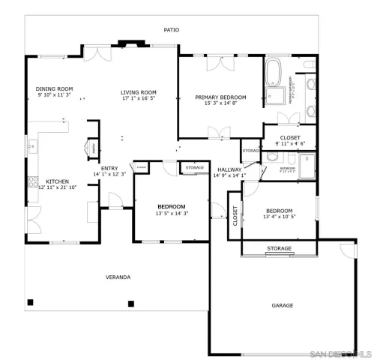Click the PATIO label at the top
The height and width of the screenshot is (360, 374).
(172, 30)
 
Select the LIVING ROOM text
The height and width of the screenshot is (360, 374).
(139, 92)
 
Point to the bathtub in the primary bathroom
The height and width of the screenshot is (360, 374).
(274, 78)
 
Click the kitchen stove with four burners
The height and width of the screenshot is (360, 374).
(31, 180)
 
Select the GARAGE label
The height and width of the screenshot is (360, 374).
(282, 305)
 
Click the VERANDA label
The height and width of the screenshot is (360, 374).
(118, 277)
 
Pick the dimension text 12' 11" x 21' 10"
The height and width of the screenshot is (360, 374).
(58, 187)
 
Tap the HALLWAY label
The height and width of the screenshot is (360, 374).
(229, 169)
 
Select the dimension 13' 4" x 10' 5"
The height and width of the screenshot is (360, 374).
(279, 217)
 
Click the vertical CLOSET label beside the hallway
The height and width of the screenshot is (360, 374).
(235, 217)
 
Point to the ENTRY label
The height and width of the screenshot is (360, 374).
(109, 168)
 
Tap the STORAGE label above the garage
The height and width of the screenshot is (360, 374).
(279, 248)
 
